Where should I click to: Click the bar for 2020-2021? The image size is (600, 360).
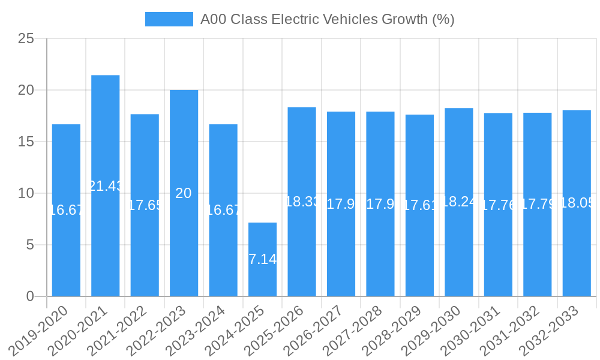106,240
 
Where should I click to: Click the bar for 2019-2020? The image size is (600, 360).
66,252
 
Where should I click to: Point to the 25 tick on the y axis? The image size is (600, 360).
26,39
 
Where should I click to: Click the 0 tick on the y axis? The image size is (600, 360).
31,296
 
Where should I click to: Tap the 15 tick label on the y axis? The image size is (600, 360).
26,142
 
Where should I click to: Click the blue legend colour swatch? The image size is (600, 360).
169,19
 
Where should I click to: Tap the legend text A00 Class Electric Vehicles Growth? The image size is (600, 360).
327,19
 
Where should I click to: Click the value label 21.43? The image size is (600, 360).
106,186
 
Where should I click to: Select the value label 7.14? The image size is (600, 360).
263,259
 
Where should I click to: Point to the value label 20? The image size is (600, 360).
184,193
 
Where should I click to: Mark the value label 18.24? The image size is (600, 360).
459,202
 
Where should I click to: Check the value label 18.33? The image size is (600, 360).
302,202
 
